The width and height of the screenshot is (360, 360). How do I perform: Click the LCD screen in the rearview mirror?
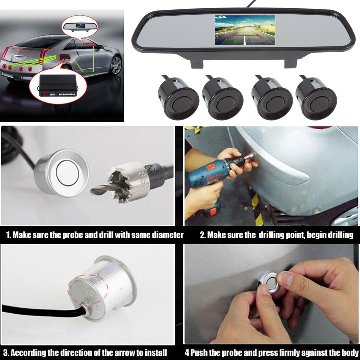pos(244,30)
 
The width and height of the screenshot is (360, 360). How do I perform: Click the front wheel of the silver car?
pos(116,65)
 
